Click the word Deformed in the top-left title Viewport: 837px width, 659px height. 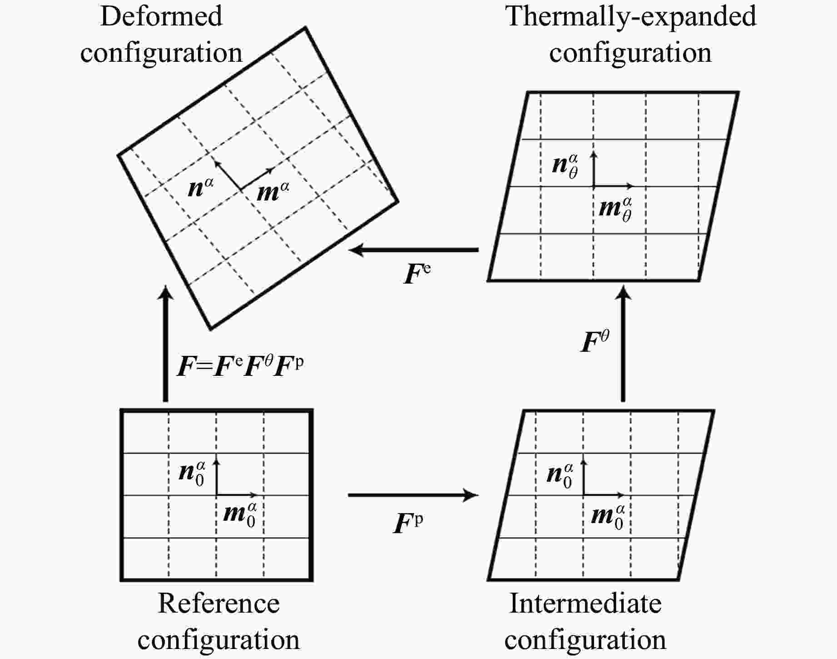click(161, 16)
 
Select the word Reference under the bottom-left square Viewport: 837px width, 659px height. click(218, 604)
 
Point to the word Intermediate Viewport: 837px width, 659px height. click(585, 604)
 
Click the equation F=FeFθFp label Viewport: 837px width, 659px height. click(240, 366)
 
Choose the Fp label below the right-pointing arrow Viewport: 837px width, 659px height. click(407, 523)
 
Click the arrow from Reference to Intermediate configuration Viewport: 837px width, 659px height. click(413, 495)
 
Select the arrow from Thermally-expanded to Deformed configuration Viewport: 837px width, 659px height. click(413, 250)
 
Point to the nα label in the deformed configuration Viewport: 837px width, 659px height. click(200, 187)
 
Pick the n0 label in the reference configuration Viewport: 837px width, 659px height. click(192, 473)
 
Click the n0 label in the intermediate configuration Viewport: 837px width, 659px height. click(560, 474)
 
